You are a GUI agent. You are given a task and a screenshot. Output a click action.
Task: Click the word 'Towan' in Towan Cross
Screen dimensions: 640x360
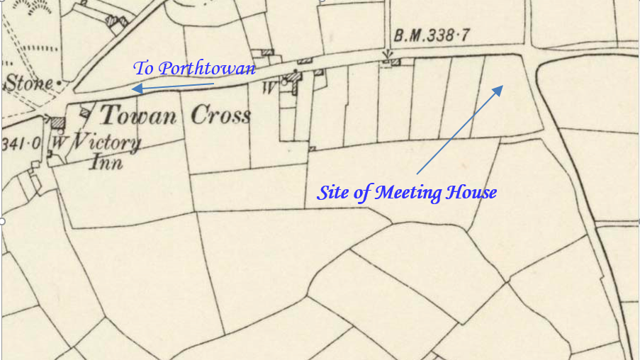pyautogui.click(x=137, y=116)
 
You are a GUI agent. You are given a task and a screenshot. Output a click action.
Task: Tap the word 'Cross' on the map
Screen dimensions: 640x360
pyautogui.click(x=220, y=116)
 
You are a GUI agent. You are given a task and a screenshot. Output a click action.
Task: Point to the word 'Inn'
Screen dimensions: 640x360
pyautogui.click(x=108, y=163)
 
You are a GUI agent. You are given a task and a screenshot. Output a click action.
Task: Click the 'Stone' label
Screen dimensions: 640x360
pyautogui.click(x=28, y=84)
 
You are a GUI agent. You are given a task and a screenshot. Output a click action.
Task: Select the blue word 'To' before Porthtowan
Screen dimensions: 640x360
pyautogui.click(x=143, y=69)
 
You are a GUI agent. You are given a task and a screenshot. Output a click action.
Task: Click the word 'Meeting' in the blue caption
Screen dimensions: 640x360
pyautogui.click(x=412, y=192)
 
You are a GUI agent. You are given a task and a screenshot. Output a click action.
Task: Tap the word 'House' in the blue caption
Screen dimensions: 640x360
pyautogui.click(x=473, y=192)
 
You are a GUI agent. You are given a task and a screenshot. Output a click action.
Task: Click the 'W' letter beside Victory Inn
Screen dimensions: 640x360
pyautogui.click(x=55, y=141)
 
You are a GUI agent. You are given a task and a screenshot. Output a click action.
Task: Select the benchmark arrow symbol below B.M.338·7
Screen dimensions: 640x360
pyautogui.click(x=388, y=55)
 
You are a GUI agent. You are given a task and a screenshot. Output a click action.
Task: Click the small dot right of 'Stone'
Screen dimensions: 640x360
pyautogui.click(x=59, y=84)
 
